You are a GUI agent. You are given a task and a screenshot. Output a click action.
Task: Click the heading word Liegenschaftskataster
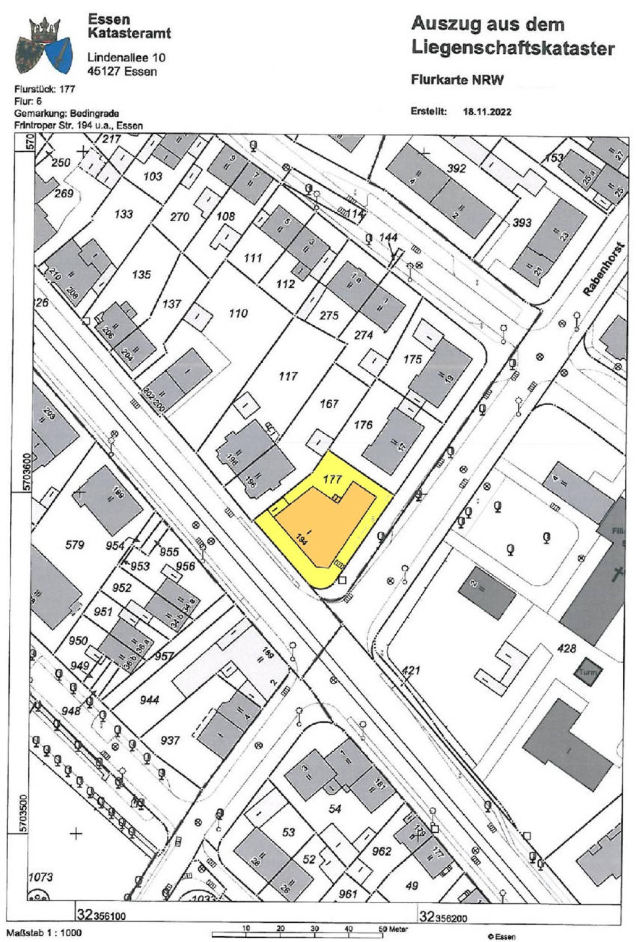tap(513, 49)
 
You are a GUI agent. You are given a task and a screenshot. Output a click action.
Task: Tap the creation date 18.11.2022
tap(487, 112)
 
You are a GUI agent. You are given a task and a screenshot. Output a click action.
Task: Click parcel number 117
tap(288, 377)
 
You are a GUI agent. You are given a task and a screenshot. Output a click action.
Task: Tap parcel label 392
tap(456, 169)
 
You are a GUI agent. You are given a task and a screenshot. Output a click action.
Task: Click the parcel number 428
tap(566, 649)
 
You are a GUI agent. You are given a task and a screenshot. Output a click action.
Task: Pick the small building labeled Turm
tap(587, 672)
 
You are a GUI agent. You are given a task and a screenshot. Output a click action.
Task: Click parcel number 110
tap(238, 313)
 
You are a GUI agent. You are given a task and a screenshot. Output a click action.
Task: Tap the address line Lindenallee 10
tap(127, 57)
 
